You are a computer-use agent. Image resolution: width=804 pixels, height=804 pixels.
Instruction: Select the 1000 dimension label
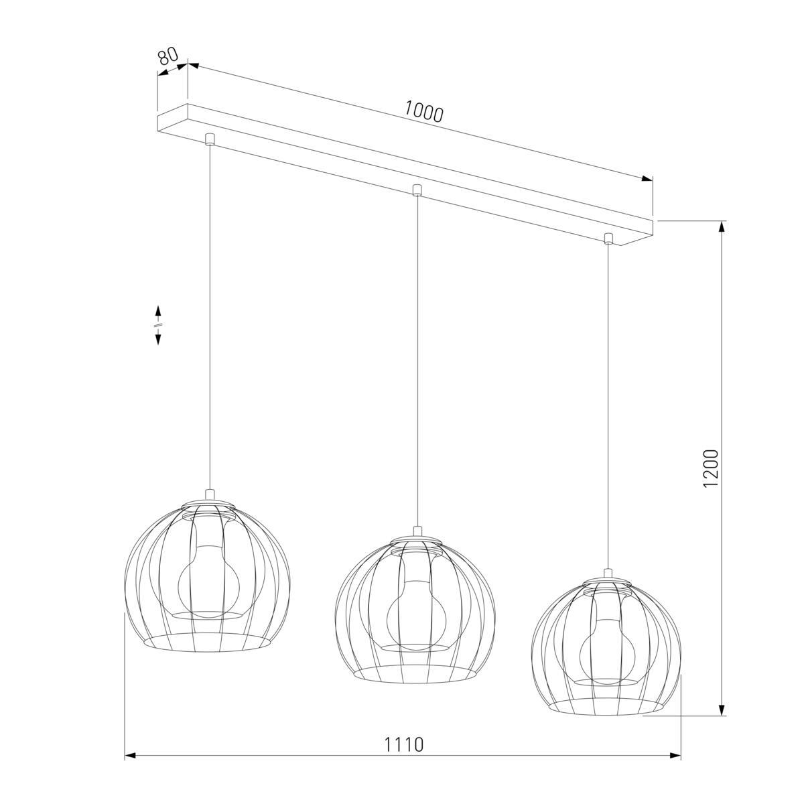pyautogui.click(x=423, y=113)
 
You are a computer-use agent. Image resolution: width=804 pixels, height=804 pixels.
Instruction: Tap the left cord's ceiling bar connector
pyautogui.click(x=210, y=139)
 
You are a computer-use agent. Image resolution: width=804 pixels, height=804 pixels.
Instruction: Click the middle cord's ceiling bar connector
pyautogui.click(x=416, y=190)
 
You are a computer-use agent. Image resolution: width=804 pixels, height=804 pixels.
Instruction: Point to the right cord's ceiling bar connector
pyautogui.click(x=609, y=238)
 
